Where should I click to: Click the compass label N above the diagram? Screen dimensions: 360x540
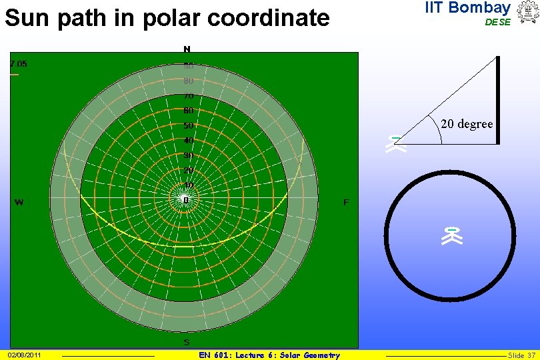(187, 49)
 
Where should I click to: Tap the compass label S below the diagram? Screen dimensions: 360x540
(187, 343)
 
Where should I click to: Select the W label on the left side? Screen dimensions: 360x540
(19, 202)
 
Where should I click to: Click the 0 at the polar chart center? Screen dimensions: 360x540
(187, 199)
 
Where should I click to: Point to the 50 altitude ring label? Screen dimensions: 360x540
(189, 125)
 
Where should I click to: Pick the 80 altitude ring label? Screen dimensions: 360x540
(189, 81)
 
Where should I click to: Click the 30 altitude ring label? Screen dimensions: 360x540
(189, 155)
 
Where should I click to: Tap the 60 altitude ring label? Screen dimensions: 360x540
(189, 111)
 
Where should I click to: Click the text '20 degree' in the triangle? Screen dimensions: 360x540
(467, 124)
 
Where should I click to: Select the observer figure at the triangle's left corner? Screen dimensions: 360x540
(396, 145)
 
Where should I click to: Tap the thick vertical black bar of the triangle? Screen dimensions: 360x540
(497, 100)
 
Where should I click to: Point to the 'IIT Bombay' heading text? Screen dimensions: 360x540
(467, 8)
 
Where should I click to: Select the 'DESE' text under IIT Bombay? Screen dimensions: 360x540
(497, 22)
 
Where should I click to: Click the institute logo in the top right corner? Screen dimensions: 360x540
(527, 13)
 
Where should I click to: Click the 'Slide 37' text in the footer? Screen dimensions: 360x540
(521, 355)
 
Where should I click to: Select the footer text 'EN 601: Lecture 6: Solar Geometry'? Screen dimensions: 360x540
(269, 355)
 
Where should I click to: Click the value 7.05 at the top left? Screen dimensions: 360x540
(18, 64)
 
